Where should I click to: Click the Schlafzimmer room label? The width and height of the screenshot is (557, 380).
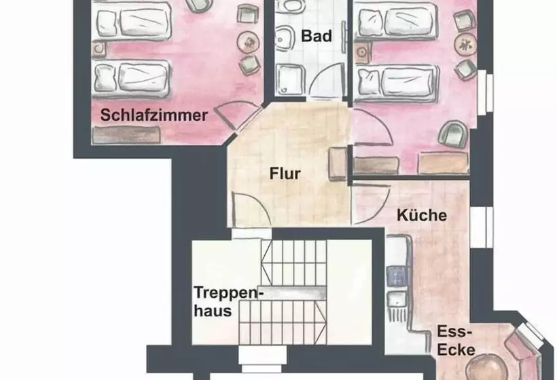click(154, 115)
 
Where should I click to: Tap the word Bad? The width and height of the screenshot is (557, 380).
click(317, 36)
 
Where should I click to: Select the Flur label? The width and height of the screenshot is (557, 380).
click(285, 173)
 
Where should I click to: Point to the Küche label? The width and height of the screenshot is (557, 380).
click(421, 216)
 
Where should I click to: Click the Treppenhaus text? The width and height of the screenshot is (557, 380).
click(228, 303)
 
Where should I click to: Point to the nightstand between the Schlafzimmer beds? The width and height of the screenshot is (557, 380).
click(99, 49)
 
